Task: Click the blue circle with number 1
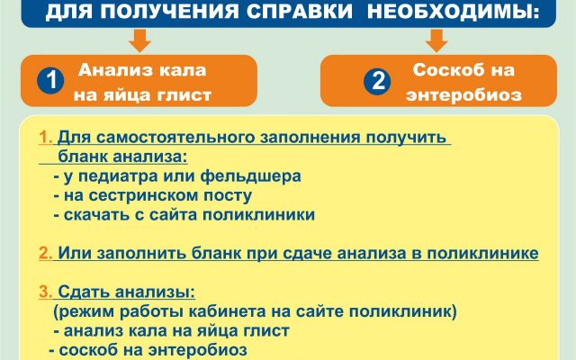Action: click(50, 80)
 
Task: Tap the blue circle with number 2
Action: click(377, 80)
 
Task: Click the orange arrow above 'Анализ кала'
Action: click(140, 40)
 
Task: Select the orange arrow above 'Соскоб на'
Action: click(436, 40)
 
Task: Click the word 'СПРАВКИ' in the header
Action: click(300, 12)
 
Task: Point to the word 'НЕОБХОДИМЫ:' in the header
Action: click(454, 12)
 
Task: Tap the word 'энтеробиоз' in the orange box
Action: click(464, 95)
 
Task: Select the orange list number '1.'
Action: click(46, 138)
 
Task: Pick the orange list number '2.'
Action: click(46, 253)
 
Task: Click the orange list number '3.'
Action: click(46, 292)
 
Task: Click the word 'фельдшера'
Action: click(251, 176)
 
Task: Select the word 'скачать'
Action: click(96, 215)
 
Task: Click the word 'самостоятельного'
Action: click(176, 138)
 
